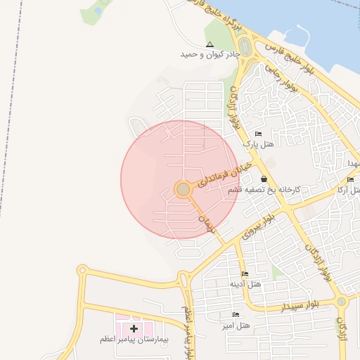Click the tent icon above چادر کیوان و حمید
pos(209,44)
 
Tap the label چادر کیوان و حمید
pos(209,54)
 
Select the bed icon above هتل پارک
pos(258,134)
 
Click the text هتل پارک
pos(258,144)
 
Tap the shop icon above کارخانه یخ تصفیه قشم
pos(264,179)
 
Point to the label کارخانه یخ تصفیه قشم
pos(264,190)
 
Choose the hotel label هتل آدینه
pos(245,284)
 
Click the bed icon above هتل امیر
pos(236,314)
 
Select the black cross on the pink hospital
pos(134,328)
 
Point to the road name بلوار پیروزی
pos(257,224)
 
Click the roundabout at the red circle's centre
pos(183,190)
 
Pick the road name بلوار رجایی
pos(281,77)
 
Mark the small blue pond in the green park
pos(97,11)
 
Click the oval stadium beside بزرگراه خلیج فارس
pos(245,47)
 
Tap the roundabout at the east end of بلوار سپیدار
pos(342,302)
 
